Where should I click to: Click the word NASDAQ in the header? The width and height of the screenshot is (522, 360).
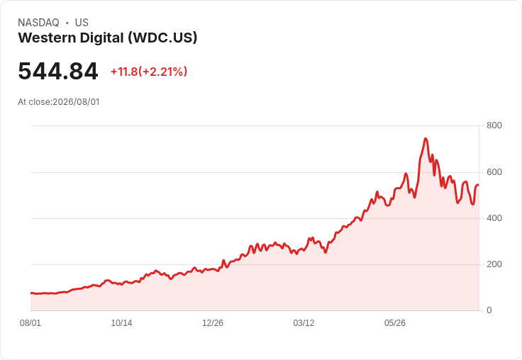[38, 23]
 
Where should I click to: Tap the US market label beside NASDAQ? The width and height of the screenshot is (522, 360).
[82, 23]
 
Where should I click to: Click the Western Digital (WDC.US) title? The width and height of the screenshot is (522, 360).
[108, 38]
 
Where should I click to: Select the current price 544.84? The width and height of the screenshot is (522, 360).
[58, 71]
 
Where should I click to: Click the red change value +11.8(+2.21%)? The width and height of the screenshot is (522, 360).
[149, 72]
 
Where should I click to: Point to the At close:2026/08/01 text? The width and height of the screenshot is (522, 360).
[59, 102]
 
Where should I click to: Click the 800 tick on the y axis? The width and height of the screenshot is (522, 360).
[494, 125]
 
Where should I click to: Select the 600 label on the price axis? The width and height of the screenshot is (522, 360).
[494, 172]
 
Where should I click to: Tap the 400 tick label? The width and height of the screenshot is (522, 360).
[494, 218]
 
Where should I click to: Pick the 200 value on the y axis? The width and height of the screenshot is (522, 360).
[494, 264]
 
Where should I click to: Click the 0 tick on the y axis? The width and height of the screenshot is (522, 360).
[489, 310]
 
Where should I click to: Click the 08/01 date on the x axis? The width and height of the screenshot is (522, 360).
[30, 323]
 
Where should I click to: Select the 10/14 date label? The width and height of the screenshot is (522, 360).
[121, 323]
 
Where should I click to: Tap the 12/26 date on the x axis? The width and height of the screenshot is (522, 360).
[213, 323]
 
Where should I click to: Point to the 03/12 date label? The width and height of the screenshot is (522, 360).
[304, 323]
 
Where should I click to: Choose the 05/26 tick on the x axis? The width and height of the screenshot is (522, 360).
[395, 323]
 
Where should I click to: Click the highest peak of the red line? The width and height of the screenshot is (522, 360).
[426, 138]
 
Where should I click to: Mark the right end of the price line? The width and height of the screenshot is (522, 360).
[479, 185]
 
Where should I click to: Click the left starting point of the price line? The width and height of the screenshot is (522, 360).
[31, 293]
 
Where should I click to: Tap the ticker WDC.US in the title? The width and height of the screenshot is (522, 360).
[163, 38]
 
